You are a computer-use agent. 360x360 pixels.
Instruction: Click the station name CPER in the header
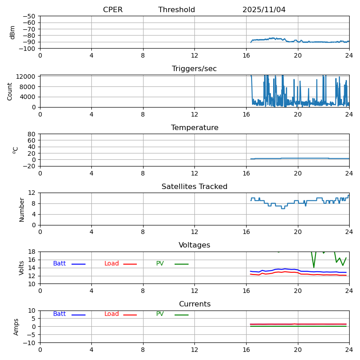pyautogui.click(x=112, y=10)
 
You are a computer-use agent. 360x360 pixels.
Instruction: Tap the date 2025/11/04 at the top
pyautogui.click(x=264, y=10)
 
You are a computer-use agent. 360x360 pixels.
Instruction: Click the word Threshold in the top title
pyautogui.click(x=176, y=10)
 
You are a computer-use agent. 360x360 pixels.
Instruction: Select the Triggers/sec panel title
pyautogui.click(x=194, y=69)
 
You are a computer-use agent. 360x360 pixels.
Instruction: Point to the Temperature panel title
pyautogui.click(x=194, y=128)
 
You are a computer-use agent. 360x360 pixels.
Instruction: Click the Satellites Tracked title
pyautogui.click(x=194, y=187)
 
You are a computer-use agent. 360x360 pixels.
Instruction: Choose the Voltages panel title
pyautogui.click(x=194, y=245)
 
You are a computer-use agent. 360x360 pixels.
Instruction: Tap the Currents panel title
pyautogui.click(x=194, y=304)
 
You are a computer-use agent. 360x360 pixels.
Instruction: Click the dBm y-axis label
pyautogui.click(x=13, y=32)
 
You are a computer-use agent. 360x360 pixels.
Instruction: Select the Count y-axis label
pyautogui.click(x=10, y=91)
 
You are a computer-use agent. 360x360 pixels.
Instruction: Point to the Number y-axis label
pyautogui.click(x=22, y=209)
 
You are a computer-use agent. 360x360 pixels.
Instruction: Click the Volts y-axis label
pyautogui.click(x=22, y=268)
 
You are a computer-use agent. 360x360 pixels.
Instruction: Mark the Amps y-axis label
pyautogui.click(x=16, y=327)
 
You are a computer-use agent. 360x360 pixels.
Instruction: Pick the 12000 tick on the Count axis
pyautogui.click(x=26, y=76)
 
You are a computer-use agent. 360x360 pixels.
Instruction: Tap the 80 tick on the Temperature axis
pyautogui.click(x=32, y=134)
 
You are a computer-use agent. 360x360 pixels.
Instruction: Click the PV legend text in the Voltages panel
pyautogui.click(x=160, y=264)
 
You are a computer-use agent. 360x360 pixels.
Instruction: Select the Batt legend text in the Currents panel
pyautogui.click(x=59, y=314)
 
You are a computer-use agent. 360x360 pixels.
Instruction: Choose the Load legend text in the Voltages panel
pyautogui.click(x=112, y=264)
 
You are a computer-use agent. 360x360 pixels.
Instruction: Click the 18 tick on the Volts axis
pyautogui.click(x=32, y=252)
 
